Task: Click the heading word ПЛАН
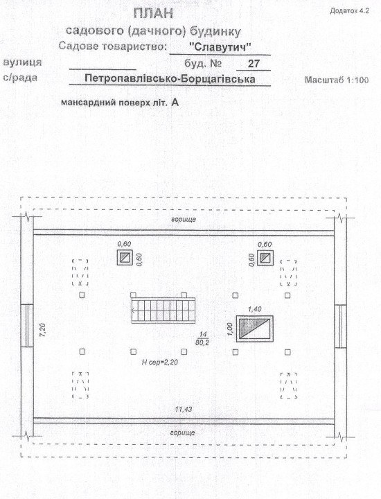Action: (154, 14)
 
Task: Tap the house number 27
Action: (254, 64)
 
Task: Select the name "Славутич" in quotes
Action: (220, 47)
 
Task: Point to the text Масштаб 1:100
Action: (337, 80)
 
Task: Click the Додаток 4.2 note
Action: (350, 11)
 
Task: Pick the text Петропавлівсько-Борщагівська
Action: (170, 78)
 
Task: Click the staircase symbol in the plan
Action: (163, 310)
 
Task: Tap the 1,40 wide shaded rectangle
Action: (254, 329)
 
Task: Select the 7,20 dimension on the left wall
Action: (43, 330)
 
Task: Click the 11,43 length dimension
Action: (184, 410)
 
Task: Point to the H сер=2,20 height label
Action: (159, 362)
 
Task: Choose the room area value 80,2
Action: (202, 342)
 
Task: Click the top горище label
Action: (184, 220)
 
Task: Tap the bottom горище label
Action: (182, 432)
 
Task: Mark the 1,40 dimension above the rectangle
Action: (254, 309)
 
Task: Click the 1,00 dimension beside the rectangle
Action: (231, 329)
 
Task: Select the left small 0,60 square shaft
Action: (125, 257)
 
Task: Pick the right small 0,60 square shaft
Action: (265, 258)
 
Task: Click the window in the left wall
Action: (27, 326)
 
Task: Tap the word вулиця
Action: (22, 62)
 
